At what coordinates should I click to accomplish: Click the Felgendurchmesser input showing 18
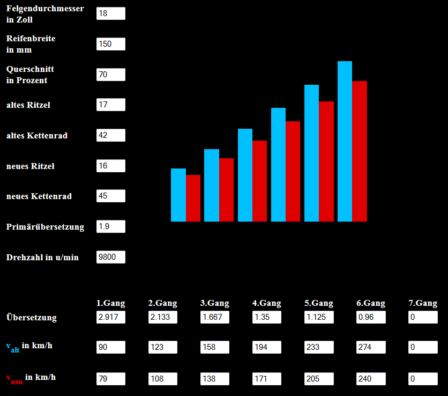click(111, 13)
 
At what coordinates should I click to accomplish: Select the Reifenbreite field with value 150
click(111, 44)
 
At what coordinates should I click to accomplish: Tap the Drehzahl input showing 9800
click(111, 257)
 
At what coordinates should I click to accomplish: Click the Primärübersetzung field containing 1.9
click(111, 226)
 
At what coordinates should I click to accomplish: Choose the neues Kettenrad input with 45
click(111, 196)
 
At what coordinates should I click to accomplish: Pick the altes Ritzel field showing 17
click(111, 105)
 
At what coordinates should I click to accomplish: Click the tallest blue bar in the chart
click(345, 141)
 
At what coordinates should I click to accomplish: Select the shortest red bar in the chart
click(193, 199)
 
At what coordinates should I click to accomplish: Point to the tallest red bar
click(360, 151)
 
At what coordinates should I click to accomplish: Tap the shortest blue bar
click(178, 195)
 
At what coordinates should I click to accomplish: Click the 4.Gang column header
click(266, 303)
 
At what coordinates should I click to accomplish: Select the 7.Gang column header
click(423, 303)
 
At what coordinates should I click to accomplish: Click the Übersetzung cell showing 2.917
click(111, 317)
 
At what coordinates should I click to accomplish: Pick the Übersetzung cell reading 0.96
click(371, 317)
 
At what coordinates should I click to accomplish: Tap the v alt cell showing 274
click(371, 347)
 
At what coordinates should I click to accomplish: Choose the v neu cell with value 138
click(214, 379)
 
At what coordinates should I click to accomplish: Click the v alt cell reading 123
click(163, 347)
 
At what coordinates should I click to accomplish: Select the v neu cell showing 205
click(319, 379)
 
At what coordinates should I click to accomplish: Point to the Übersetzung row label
click(32, 317)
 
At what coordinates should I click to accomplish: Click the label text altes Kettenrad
click(37, 136)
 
